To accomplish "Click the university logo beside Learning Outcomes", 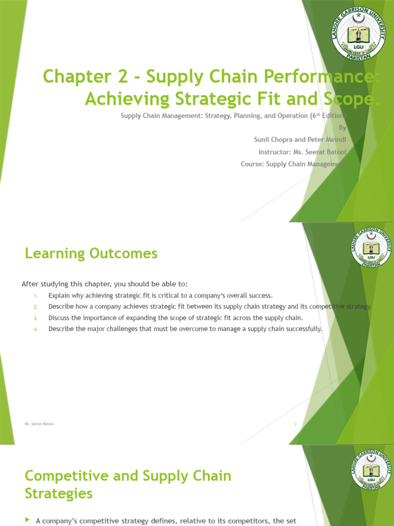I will point(371,248).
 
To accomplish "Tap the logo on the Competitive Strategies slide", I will point(371,470).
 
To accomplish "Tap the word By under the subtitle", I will point(343,128).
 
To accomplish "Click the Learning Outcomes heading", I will point(91,253).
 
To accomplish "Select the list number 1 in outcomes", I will point(36,296).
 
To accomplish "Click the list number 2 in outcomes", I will point(36,307).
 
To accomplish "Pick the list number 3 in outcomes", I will point(36,318).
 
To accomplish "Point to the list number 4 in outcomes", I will point(36,329).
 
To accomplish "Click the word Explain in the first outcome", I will point(60,295).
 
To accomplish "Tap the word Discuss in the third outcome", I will point(60,318).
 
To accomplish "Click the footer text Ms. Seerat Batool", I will point(39,424).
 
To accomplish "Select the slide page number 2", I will point(295,424).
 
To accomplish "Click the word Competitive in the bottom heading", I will point(67,476).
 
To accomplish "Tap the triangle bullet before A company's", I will point(28,520).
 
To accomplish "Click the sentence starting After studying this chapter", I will point(104,284).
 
